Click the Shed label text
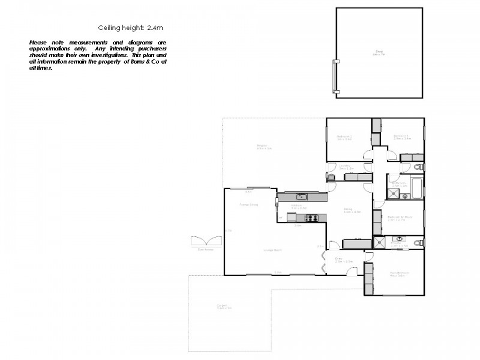(x=379, y=53)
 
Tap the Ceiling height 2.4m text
(x=130, y=28)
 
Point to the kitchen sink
(x=301, y=196)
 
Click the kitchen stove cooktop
(x=311, y=218)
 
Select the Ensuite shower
(x=380, y=242)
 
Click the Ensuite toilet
(x=421, y=242)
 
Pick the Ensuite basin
(x=398, y=239)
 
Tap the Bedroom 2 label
(x=344, y=137)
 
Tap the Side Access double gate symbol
(x=206, y=241)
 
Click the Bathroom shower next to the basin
(x=393, y=193)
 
